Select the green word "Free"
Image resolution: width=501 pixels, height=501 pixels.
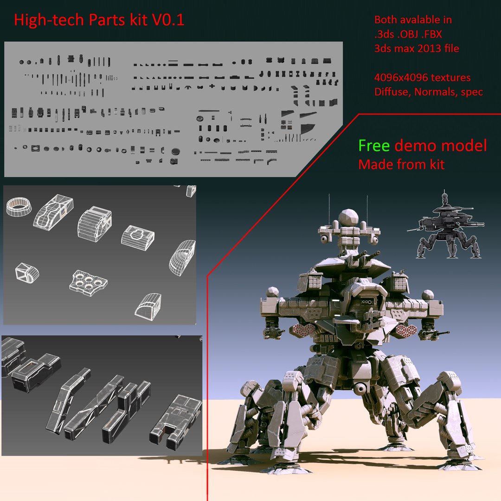pyautogui.click(x=374, y=146)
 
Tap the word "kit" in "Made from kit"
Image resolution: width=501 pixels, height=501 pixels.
pyautogui.click(x=436, y=164)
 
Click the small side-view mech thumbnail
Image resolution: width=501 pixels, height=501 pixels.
pyautogui.click(x=446, y=227)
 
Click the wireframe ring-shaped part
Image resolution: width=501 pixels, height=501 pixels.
pyautogui.click(x=19, y=206)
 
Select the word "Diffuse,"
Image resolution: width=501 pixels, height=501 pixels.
pyautogui.click(x=393, y=92)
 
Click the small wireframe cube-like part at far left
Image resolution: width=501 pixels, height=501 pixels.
pyautogui.click(x=26, y=272)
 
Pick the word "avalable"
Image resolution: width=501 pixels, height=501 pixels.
pyautogui.click(x=426, y=20)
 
